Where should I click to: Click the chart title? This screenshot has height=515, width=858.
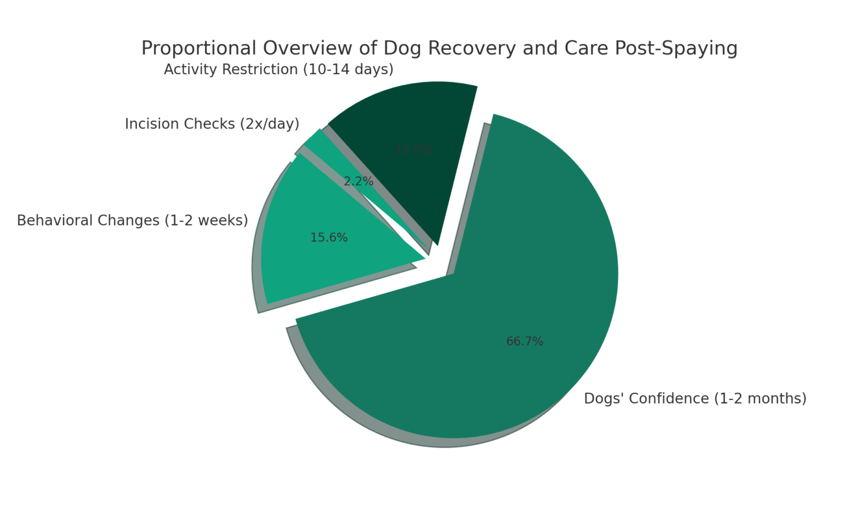[x=439, y=48]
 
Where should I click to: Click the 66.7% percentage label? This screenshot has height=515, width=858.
[x=525, y=341]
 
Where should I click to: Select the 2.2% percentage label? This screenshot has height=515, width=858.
[x=358, y=182]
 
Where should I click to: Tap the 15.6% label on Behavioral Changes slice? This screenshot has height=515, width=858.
[x=329, y=238]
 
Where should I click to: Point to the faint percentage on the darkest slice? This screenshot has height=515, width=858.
[x=414, y=150]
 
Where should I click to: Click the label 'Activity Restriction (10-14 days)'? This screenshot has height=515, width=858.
[x=278, y=70]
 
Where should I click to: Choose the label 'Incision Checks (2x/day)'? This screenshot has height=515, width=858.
[x=212, y=124]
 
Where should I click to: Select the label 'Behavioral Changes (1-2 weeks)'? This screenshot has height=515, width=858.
[x=132, y=221]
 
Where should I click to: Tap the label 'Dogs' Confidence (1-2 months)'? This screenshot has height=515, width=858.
[x=695, y=399]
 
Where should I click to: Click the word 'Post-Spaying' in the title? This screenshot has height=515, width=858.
[x=676, y=49]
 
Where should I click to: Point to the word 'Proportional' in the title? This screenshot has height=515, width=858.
[x=198, y=49]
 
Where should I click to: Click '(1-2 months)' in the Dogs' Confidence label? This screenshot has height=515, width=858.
[x=760, y=399]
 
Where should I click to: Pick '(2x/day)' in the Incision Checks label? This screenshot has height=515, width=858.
[x=269, y=124]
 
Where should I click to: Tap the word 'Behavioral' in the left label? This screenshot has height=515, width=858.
[x=55, y=221]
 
